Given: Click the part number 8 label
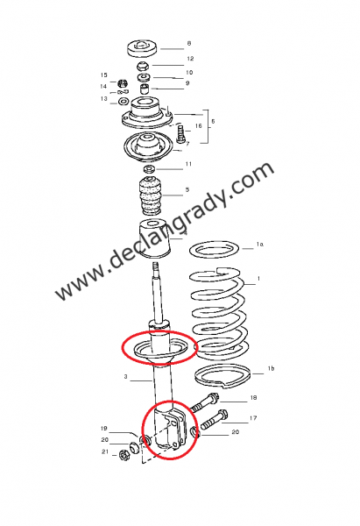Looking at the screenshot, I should [x=189, y=43].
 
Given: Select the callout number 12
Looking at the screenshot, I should [x=189, y=59].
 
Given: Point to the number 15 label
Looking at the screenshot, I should [x=103, y=75].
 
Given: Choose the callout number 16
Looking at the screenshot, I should [x=199, y=126].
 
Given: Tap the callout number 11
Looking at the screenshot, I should [x=189, y=164].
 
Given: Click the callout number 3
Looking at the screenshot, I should [x=126, y=378].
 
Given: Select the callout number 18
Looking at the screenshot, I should [x=253, y=398].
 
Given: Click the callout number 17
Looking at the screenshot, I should [x=253, y=418].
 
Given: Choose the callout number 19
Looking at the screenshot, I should [x=103, y=429].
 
